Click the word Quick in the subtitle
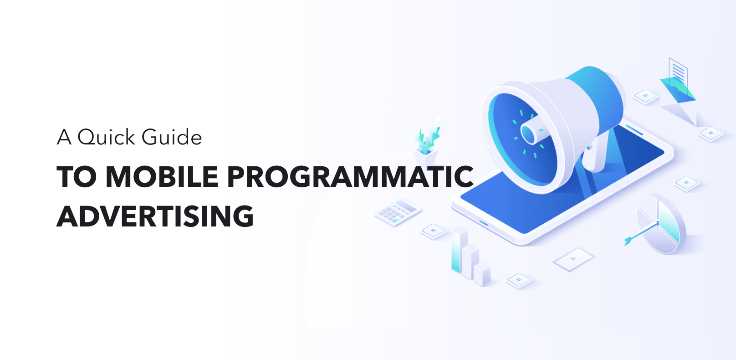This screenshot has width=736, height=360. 106,138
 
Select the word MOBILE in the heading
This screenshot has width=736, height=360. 162,176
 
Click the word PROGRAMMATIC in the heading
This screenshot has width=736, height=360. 350,176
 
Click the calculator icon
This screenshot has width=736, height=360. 398,212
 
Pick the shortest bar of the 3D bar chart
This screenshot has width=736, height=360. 482,274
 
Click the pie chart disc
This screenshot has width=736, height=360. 661,224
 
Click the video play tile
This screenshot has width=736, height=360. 574,259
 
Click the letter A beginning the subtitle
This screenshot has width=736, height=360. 64,137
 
